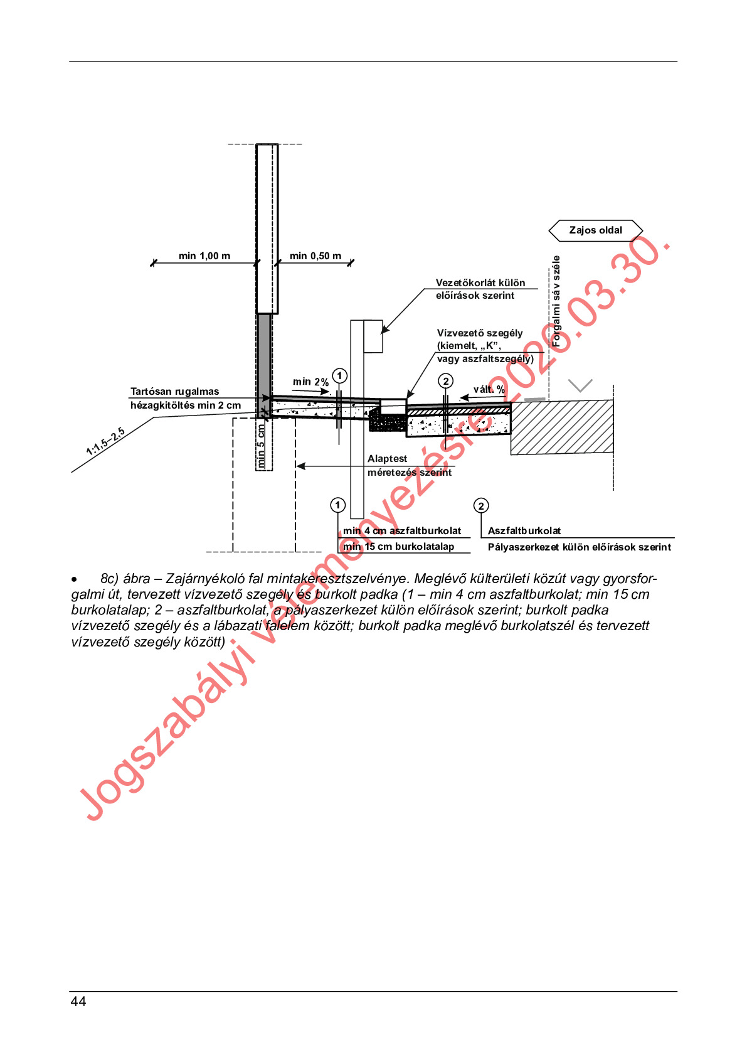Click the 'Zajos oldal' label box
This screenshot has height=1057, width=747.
coord(595,230)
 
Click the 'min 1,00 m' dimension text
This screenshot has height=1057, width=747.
coord(204,256)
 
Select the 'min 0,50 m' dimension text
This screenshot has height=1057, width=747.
coord(315,256)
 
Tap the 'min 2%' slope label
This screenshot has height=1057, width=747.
coord(310,382)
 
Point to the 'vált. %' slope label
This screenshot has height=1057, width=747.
coord(489,390)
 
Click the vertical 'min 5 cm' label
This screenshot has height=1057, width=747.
coord(262,446)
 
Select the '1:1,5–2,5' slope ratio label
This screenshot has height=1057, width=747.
coord(106,442)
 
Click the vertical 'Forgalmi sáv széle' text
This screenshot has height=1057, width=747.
coord(556,301)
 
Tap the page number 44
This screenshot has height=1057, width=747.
coord(78,1002)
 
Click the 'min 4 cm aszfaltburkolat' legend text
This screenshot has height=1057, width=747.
coord(402,531)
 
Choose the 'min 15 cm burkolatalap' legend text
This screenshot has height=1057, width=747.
coord(399,547)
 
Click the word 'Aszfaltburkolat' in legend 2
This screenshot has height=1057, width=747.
coord(524,531)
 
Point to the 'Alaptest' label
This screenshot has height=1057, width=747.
coord(387,459)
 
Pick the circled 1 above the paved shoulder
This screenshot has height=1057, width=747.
coord(339,376)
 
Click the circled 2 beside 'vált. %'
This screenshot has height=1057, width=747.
coord(445,381)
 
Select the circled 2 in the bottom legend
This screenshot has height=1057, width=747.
coord(481,506)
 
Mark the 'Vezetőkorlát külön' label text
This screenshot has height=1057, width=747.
coord(480,283)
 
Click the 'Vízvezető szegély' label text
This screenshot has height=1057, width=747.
coord(480,333)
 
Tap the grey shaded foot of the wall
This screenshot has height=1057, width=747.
coord(265,358)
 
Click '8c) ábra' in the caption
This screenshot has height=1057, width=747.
coord(125,579)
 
